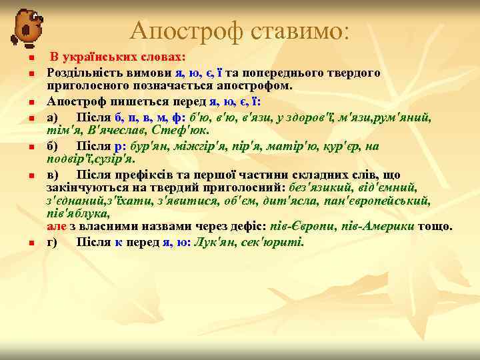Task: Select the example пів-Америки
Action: click(379, 226)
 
